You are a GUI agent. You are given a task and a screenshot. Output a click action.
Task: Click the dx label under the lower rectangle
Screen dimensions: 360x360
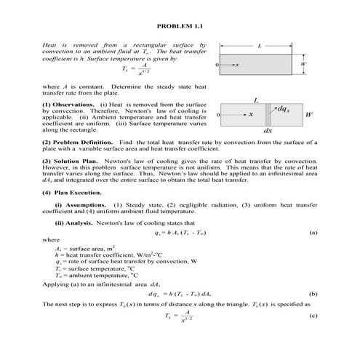[x=268, y=130]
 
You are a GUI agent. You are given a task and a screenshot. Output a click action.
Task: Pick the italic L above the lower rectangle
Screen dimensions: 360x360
[x=256, y=99]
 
